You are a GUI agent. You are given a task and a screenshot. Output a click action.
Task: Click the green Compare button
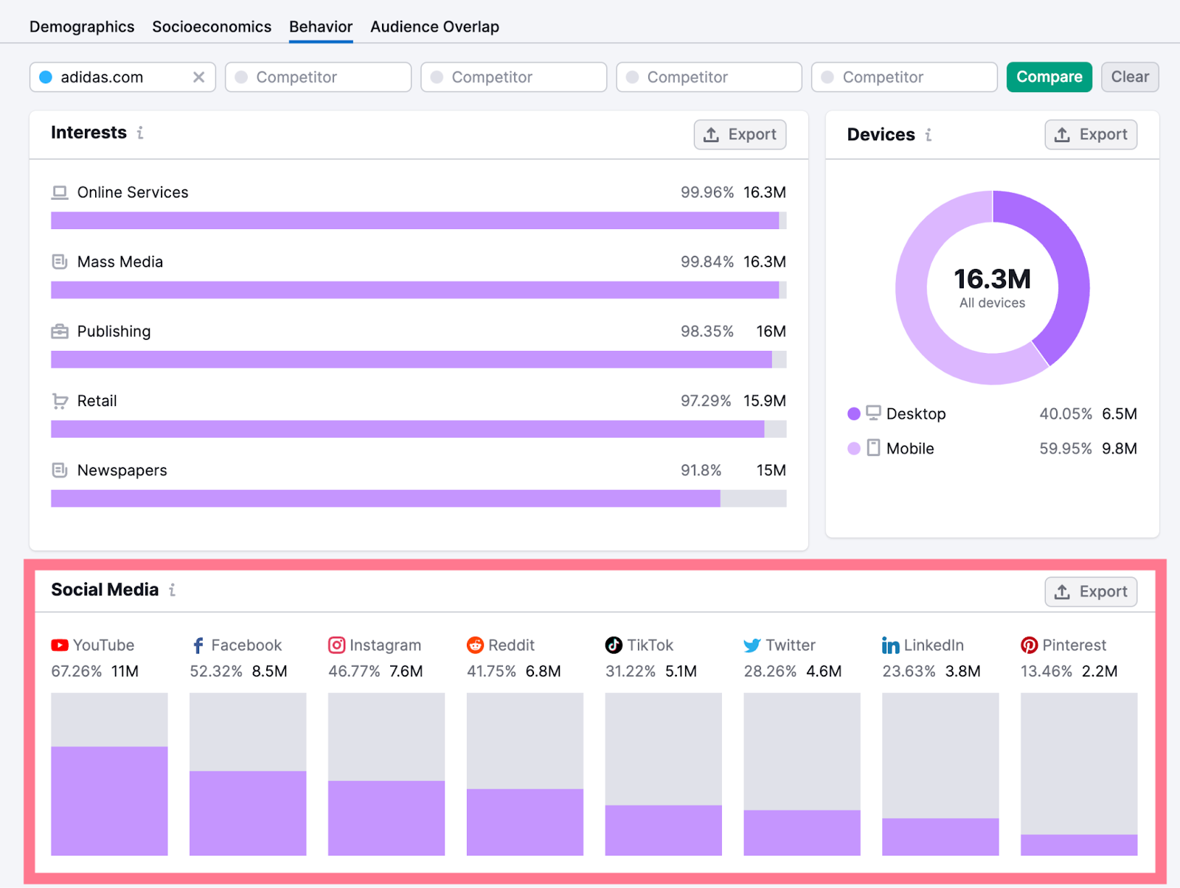point(1049,77)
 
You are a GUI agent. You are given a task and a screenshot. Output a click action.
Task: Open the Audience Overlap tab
point(434,27)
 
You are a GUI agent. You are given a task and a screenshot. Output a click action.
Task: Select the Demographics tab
point(82,27)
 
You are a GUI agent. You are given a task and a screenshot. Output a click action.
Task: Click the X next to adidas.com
point(198,77)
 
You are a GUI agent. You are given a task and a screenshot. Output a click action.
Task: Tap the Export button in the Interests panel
point(740,134)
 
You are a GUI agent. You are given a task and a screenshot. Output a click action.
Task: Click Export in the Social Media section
point(1090,592)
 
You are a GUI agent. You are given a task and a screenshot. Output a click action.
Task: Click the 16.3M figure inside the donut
point(992,279)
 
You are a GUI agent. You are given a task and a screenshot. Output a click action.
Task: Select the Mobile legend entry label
point(910,449)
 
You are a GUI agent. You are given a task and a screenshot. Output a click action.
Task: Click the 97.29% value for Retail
point(705,401)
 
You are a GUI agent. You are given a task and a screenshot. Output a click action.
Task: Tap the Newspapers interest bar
point(385,499)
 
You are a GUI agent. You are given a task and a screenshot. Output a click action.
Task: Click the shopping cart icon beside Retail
point(60,401)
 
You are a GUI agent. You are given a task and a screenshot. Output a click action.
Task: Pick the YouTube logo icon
point(60,646)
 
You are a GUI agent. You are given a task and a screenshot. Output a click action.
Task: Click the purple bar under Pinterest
point(1078,845)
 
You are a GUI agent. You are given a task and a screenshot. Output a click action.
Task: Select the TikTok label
point(650,646)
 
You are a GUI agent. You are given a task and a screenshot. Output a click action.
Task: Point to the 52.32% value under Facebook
point(215,671)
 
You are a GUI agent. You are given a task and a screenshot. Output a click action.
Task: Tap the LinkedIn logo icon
point(890,646)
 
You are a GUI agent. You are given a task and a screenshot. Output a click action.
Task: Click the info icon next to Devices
point(929,135)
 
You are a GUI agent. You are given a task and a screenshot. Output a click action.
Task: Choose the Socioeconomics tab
point(212,27)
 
